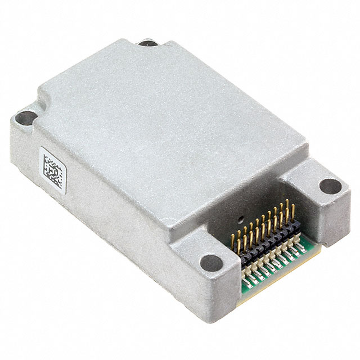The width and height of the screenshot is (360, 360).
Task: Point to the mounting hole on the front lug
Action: (x=211, y=262)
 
